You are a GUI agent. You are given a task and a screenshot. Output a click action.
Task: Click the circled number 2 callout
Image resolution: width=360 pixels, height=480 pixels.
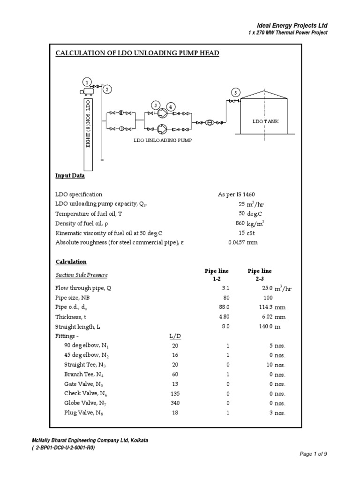[x=107, y=90]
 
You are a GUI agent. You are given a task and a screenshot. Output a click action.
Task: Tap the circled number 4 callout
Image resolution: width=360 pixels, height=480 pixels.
[x=171, y=107]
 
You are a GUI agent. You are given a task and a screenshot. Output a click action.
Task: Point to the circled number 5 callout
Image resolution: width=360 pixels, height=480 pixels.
[x=236, y=92]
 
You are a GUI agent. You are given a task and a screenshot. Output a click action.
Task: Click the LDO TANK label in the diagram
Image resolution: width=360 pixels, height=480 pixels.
[x=265, y=121]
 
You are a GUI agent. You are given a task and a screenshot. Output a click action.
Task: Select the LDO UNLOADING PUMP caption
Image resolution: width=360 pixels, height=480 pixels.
[x=163, y=140]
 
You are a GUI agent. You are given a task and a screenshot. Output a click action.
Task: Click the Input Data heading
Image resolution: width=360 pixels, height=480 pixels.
[x=70, y=176]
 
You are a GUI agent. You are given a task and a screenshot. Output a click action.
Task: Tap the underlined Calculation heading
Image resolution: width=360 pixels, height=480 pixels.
[x=71, y=262]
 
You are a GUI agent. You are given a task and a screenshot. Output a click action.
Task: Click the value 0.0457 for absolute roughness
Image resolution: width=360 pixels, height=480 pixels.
[x=237, y=242]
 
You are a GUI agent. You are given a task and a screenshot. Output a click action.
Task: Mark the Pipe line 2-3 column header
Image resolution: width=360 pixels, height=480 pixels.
[x=259, y=275]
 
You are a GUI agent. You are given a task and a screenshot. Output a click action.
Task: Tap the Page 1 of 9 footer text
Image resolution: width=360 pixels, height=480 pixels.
[x=313, y=454]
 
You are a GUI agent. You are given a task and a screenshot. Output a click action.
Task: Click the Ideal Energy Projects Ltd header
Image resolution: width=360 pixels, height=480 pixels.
[x=292, y=25]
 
